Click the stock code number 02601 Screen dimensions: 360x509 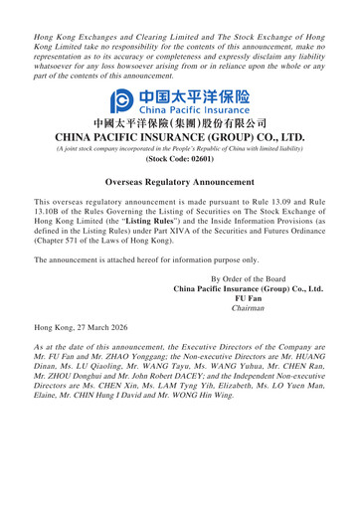(x=196, y=157)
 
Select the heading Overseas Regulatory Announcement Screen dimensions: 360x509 (x=179, y=183)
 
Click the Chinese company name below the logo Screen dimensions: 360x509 (x=179, y=123)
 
